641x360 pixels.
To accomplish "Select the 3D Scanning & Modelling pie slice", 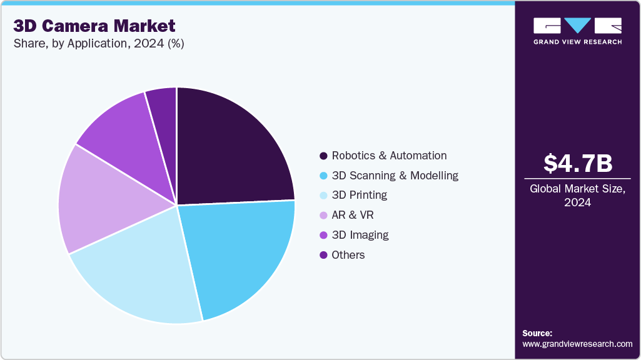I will pos(241,253).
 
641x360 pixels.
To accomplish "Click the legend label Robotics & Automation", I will pos(389,156).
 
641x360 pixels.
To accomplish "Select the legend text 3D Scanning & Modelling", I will pos(395,176).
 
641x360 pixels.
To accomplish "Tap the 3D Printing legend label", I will pos(359,195).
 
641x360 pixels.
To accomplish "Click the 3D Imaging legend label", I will pos(360,235).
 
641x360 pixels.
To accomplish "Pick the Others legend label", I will pos(348,255).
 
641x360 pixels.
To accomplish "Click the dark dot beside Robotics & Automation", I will pos(323,156).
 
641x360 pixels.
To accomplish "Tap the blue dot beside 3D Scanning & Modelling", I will pos(323,176).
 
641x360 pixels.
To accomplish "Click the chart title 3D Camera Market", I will pos(94,26).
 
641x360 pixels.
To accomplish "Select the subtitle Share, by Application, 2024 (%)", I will pos(98,44).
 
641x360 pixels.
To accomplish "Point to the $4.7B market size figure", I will pos(577,164).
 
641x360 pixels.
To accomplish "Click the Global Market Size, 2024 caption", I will pos(577,195).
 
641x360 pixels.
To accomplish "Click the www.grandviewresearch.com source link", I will pos(577,344).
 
